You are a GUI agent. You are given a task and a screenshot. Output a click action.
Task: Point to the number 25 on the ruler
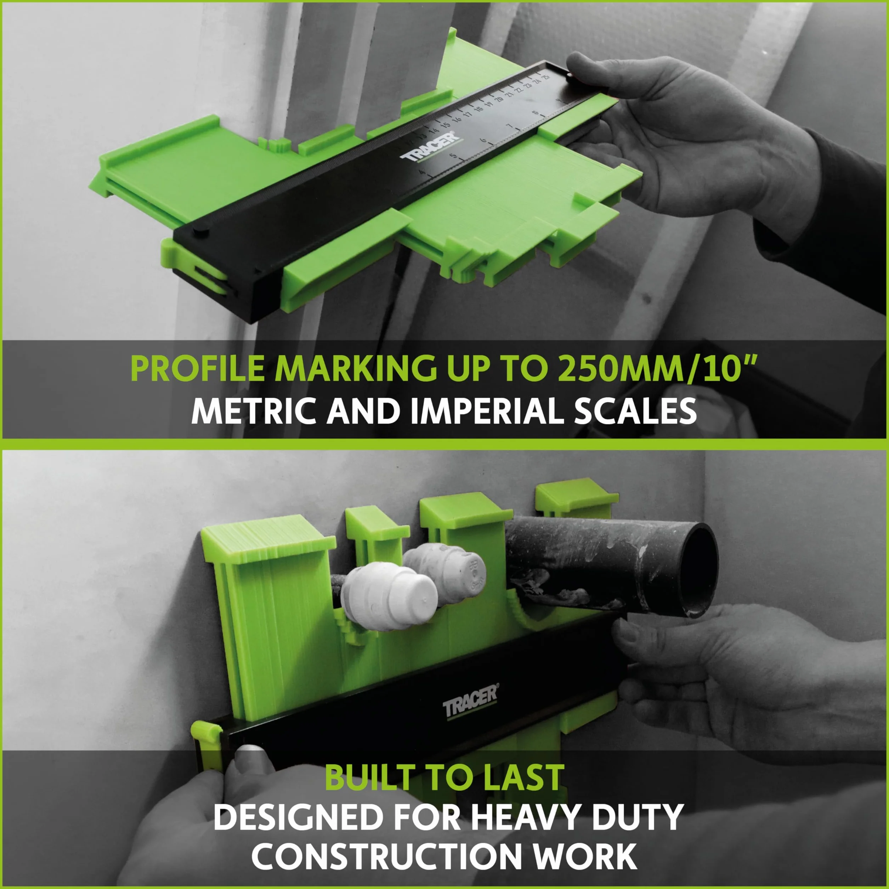click(546, 77)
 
